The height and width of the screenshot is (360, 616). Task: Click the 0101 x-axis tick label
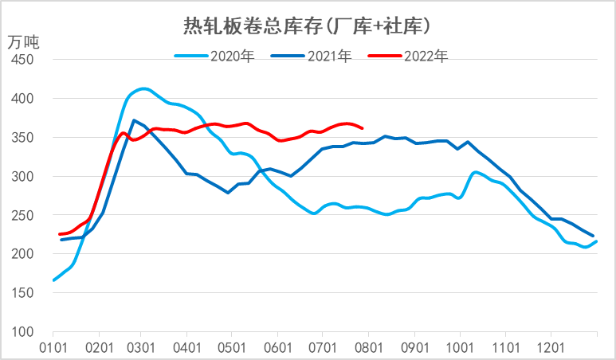coord(53,347)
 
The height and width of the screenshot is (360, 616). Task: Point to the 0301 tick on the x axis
coord(140,347)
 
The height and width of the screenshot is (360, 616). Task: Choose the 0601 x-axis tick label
coord(277,347)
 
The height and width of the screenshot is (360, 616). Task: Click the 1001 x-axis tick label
coord(459,347)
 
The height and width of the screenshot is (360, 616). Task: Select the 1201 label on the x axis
coord(551,347)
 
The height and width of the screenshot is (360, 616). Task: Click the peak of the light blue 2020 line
coord(143,88)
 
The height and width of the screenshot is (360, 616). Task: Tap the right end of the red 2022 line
coord(363,127)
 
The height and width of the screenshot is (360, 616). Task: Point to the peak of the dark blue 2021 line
coord(134,120)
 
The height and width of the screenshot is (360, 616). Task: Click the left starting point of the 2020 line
coord(53,280)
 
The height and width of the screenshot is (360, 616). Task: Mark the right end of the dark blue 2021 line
coord(593,236)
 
